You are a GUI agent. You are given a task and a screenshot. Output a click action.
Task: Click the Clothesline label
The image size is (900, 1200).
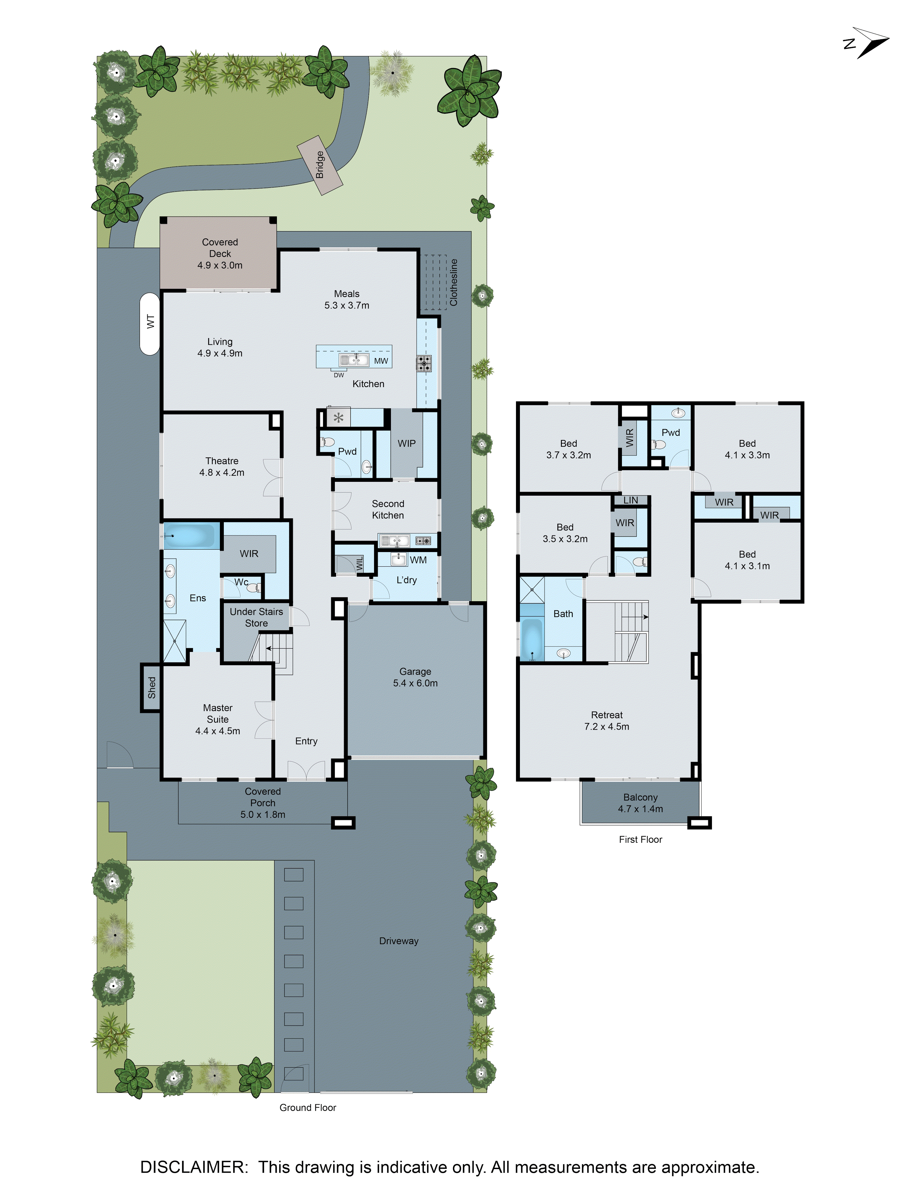(x=454, y=282)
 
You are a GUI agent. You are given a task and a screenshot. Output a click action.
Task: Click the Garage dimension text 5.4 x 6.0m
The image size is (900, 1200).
(x=415, y=683)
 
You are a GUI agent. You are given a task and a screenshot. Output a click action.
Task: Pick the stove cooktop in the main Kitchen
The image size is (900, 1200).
(x=424, y=363)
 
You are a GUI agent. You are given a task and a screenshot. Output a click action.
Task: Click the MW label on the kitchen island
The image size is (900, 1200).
(x=381, y=361)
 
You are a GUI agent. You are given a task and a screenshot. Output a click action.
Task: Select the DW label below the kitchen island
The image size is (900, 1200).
(x=338, y=375)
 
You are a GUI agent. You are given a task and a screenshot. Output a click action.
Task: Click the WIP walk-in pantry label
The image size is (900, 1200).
(x=406, y=443)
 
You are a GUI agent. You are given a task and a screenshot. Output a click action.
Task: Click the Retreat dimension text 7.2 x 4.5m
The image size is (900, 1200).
(x=607, y=726)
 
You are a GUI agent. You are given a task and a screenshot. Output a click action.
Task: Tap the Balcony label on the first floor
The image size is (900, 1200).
(x=640, y=797)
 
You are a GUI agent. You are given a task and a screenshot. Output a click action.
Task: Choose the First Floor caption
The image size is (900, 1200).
(x=640, y=839)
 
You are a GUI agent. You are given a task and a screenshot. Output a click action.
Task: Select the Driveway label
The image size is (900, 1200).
(x=399, y=941)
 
